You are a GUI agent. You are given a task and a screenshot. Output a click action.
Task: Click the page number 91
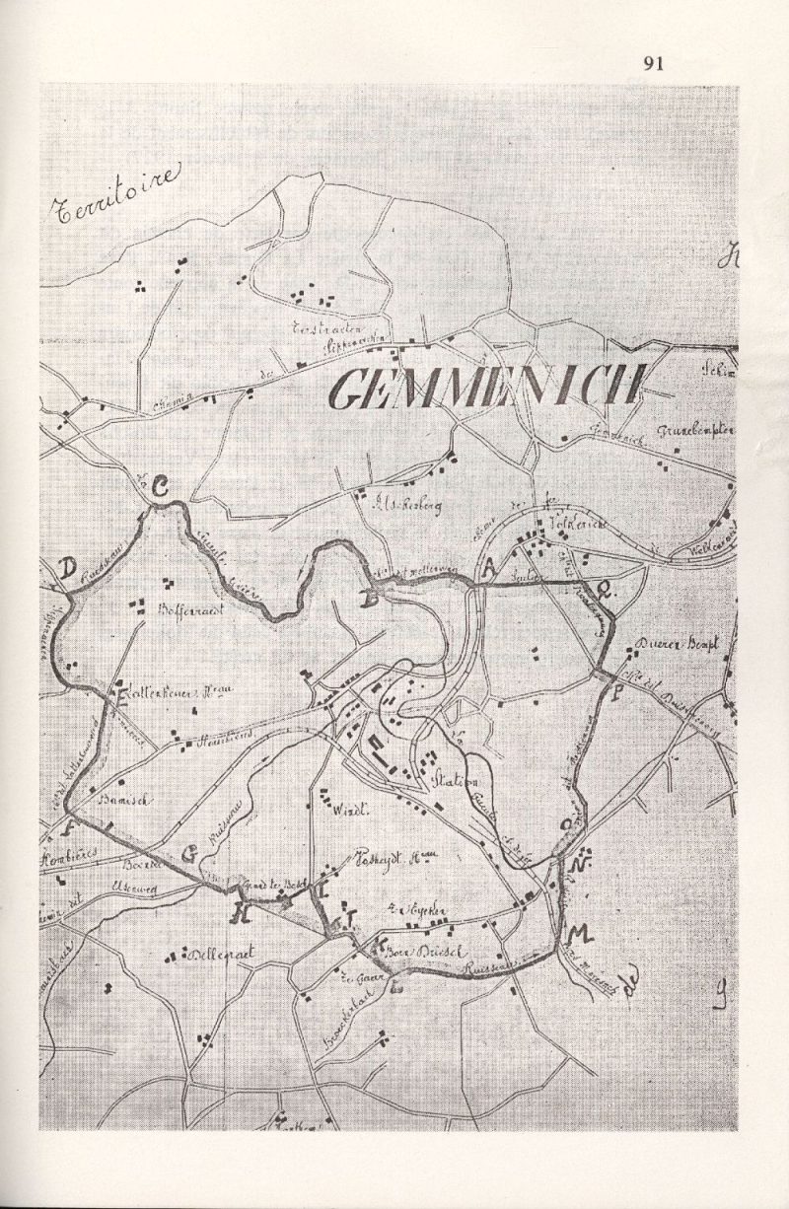[653, 64]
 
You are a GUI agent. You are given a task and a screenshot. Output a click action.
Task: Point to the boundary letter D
[67, 569]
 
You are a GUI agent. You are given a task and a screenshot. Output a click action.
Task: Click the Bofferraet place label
[190, 610]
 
